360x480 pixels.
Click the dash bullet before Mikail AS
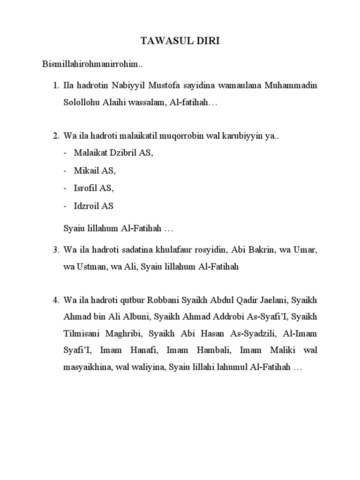65,171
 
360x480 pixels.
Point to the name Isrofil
86,188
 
